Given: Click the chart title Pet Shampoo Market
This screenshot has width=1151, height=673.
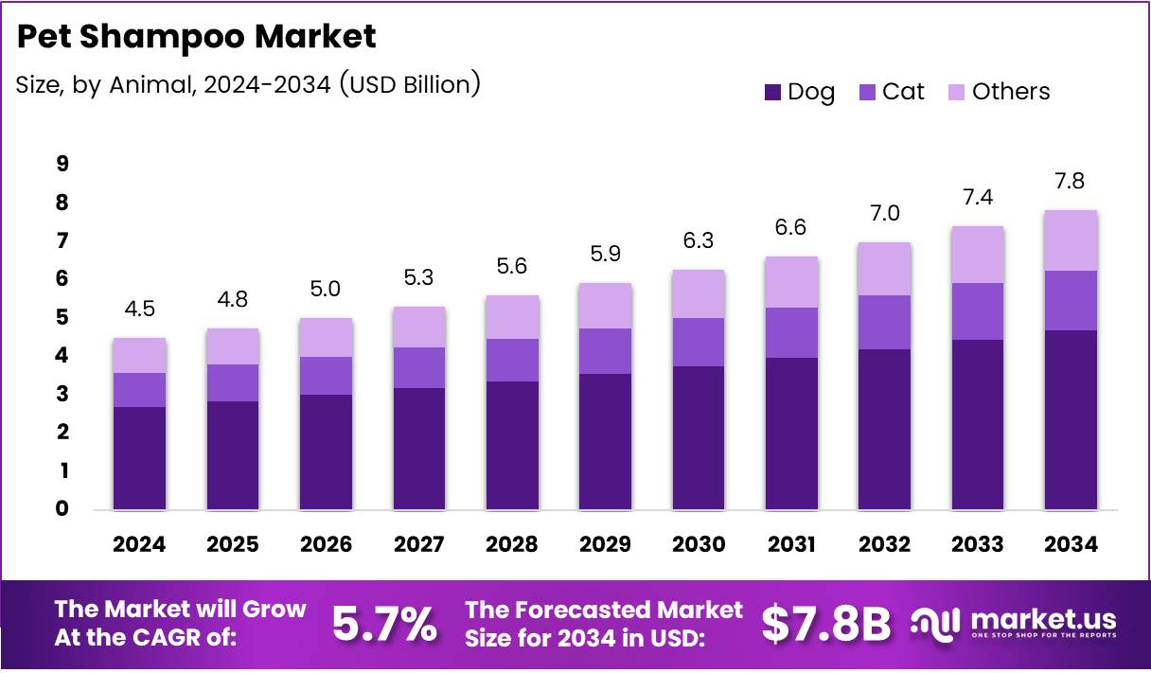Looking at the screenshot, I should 197,36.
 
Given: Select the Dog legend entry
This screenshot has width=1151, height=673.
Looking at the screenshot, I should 799,92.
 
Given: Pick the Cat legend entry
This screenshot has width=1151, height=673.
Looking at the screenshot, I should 892,92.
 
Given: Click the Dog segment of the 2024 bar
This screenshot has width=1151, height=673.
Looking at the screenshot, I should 139,458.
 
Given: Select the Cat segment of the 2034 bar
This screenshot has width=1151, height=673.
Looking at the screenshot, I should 1071,300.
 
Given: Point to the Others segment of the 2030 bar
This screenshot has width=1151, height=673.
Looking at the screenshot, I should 699,293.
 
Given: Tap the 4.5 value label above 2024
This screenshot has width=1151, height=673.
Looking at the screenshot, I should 139,310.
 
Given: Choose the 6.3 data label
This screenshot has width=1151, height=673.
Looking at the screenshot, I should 699,241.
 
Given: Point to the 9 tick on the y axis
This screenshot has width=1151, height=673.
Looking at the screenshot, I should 62,165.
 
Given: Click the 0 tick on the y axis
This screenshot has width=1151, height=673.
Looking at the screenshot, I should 62,509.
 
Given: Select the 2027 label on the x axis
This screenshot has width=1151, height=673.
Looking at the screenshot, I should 418,544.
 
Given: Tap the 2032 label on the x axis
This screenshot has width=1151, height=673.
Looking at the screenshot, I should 884,544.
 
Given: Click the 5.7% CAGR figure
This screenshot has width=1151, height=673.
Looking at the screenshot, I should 384,623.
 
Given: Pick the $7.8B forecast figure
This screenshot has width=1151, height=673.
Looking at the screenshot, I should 826,623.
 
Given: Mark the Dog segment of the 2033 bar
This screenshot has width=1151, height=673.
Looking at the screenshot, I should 978,424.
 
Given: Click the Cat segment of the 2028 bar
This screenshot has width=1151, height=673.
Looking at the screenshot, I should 512,360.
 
